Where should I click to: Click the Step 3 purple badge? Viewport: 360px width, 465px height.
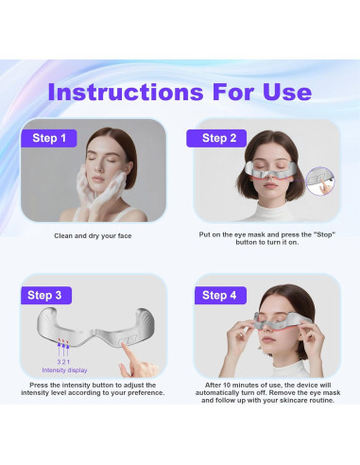pos(45,295)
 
